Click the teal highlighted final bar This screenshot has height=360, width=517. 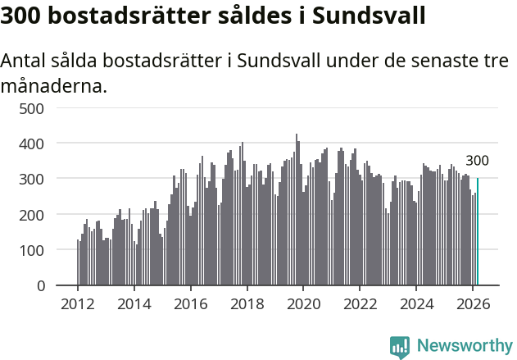[478, 232]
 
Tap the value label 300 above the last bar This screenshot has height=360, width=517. [478, 161]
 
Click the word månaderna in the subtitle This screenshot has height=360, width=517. [53, 84]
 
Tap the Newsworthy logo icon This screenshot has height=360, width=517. [400, 346]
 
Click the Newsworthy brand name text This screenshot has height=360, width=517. [464, 346]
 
